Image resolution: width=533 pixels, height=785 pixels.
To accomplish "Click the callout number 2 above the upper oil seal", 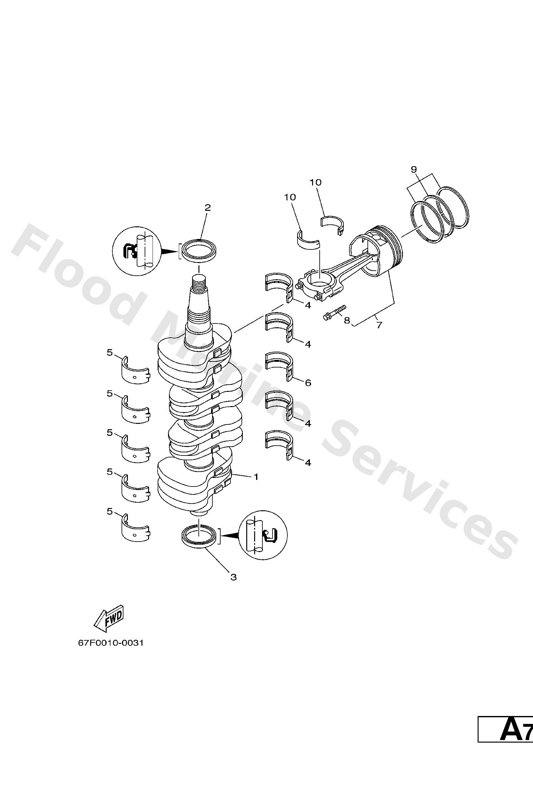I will tap(207, 207).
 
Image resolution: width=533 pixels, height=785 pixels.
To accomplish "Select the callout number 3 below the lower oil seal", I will tap(233, 577).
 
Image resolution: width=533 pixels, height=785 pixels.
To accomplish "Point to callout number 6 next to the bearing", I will tap(308, 383).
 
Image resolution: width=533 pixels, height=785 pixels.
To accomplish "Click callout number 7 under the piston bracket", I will tap(379, 325).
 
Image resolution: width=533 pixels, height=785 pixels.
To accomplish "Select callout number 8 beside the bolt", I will tap(347, 320).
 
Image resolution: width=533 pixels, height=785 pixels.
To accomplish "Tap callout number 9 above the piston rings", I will tap(414, 169).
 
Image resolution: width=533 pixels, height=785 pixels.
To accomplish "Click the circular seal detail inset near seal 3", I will tap(263, 535).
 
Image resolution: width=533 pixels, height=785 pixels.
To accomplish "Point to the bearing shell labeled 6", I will tap(279, 365).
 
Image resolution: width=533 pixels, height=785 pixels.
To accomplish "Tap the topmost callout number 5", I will tap(110, 353).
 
